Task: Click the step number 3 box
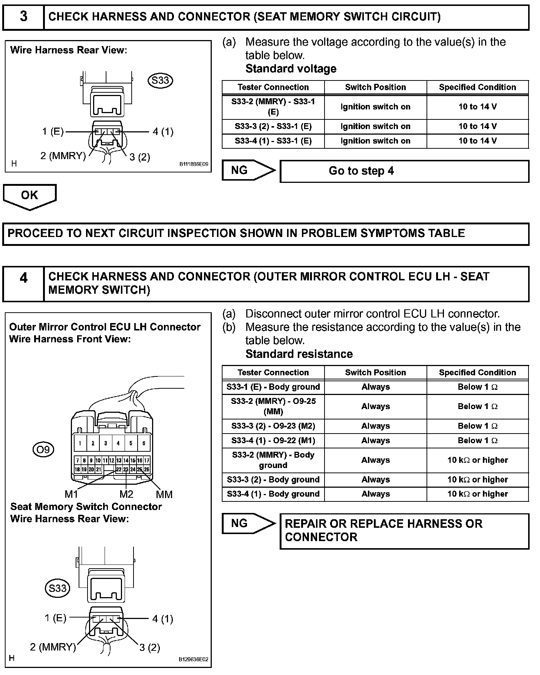pos(23,17)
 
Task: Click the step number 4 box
pos(23,283)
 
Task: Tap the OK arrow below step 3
pos(30,196)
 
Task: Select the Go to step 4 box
pos(404,171)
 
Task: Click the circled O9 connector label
pos(43,450)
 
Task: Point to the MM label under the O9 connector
pos(164,494)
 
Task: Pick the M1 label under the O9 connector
pos(71,494)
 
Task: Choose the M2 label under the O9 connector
pos(126,494)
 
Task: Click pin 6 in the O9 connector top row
pos(144,443)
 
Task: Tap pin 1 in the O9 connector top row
pos(80,443)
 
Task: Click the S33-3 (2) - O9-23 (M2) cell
pos(273,426)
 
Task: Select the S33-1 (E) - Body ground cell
pos(273,387)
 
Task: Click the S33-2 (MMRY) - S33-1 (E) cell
pos(273,107)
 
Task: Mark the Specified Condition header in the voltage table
pos(477,88)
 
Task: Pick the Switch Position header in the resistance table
pos(375,373)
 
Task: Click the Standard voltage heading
pos(291,69)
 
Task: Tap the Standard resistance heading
pos(299,354)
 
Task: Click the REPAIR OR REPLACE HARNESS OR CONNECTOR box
pos(404,531)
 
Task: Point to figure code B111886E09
pos(194,164)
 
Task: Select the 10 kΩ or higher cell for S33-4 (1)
pos(477,494)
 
